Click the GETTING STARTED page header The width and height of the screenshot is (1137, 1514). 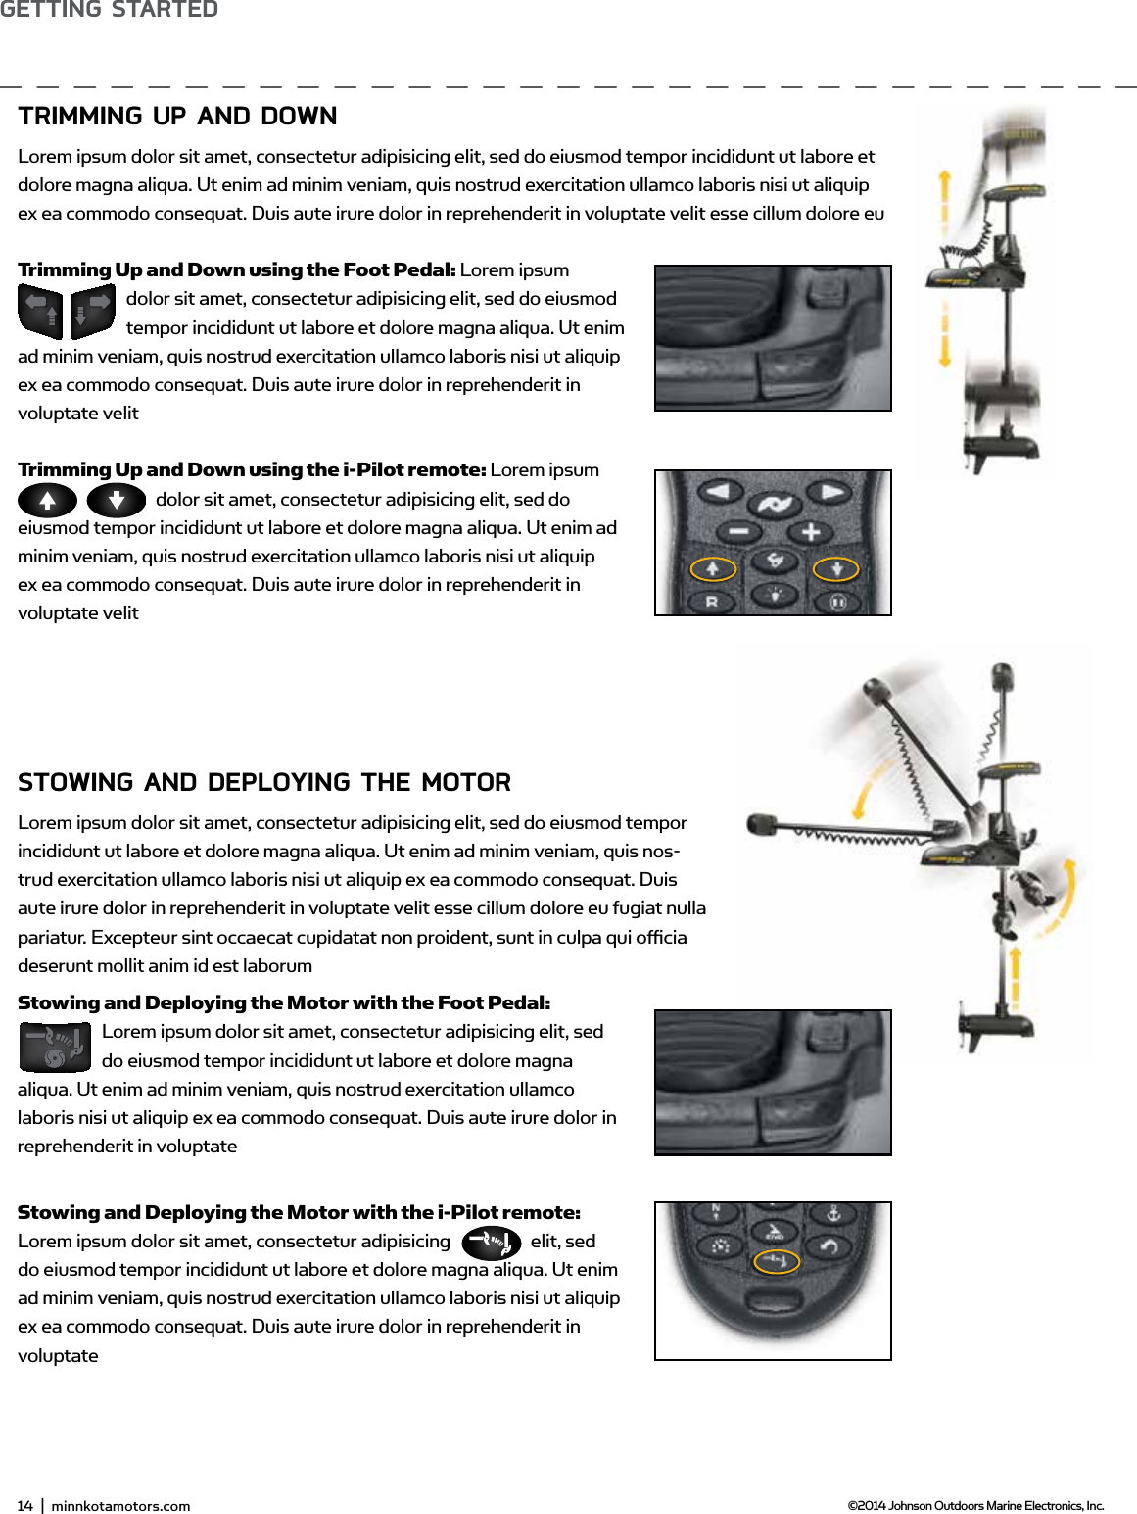point(109,10)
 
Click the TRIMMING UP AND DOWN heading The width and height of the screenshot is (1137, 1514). point(177,116)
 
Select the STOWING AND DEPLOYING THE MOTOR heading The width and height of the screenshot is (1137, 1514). point(264,782)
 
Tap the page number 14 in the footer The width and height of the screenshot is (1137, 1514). point(24,1506)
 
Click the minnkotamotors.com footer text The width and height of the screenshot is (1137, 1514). point(120,1506)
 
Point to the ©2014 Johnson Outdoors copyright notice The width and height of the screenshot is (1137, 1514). point(974,1506)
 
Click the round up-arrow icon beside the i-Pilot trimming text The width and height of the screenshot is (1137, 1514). point(47,501)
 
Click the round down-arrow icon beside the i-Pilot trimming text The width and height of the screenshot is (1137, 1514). point(116,501)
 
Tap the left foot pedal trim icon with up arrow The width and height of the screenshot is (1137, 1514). point(40,311)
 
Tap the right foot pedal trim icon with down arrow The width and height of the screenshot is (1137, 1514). point(93,311)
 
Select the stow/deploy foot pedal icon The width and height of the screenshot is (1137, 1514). point(55,1047)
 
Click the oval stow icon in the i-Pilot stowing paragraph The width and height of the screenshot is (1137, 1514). point(491,1243)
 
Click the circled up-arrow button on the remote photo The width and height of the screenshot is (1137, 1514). point(713,568)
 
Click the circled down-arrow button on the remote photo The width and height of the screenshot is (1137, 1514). point(836,568)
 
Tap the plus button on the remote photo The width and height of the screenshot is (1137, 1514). point(810,532)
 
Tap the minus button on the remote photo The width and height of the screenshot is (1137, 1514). point(738,532)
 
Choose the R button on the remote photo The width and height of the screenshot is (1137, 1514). point(712,602)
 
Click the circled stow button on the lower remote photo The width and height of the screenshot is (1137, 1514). point(776,1261)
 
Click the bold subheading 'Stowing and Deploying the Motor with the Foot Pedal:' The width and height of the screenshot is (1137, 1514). point(284,1002)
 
